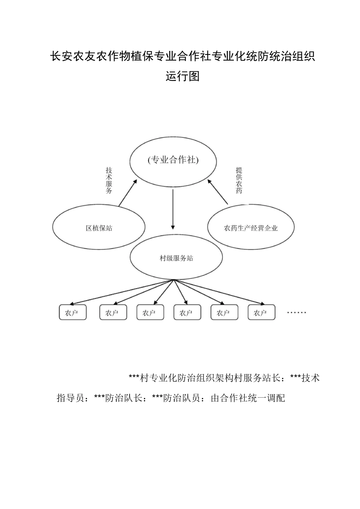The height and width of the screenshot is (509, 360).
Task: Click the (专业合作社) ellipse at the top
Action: pyautogui.click(x=173, y=161)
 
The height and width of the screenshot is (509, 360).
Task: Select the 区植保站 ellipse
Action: pyautogui.click(x=99, y=228)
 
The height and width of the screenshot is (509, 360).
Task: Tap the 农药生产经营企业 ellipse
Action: pyautogui.click(x=251, y=228)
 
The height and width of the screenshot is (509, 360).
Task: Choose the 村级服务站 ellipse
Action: pyautogui.click(x=176, y=258)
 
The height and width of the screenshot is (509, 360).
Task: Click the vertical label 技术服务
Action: pyautogui.click(x=109, y=181)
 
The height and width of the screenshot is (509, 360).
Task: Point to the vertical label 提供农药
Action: pyautogui.click(x=239, y=180)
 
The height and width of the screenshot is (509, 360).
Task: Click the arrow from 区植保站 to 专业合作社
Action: pyautogui.click(x=127, y=194)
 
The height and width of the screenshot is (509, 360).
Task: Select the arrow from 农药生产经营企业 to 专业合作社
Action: pyautogui.click(x=218, y=193)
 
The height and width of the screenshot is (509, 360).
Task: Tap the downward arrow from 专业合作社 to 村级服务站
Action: pyautogui.click(x=173, y=209)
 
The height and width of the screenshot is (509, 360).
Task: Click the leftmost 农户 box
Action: pyautogui.click(x=72, y=313)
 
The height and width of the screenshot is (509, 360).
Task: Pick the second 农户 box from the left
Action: pyautogui.click(x=113, y=313)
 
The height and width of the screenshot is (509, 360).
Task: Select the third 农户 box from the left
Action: pyautogui.click(x=150, y=313)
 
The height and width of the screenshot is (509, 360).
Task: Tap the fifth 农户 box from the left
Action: pyautogui.click(x=224, y=313)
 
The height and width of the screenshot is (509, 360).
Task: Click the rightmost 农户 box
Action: pyautogui.click(x=261, y=313)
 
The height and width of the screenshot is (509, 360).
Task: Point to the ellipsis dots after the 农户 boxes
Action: pyautogui.click(x=296, y=313)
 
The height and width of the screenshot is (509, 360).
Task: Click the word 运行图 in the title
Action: pyautogui.click(x=183, y=77)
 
